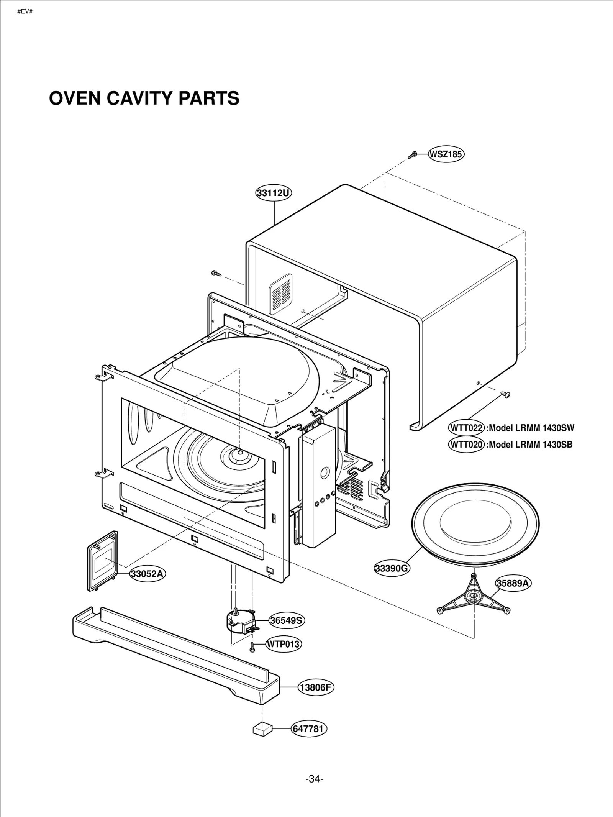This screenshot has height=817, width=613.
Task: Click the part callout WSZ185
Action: click(x=446, y=154)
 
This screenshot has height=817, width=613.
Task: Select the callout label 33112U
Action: click(x=274, y=193)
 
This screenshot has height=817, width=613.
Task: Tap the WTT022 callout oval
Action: click(x=466, y=428)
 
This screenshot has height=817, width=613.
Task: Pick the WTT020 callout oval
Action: click(x=466, y=445)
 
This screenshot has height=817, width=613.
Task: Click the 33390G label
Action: click(x=392, y=568)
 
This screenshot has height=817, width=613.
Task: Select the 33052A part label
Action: click(x=148, y=574)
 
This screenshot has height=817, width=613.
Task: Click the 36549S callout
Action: click(x=286, y=620)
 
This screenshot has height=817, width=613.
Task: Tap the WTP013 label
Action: click(x=283, y=644)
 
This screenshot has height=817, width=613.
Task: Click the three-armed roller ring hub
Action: click(x=474, y=607)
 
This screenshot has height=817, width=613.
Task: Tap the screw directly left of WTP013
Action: click(x=252, y=648)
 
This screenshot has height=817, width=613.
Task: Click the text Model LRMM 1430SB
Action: click(x=530, y=445)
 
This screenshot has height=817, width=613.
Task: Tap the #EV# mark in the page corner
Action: click(x=25, y=11)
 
